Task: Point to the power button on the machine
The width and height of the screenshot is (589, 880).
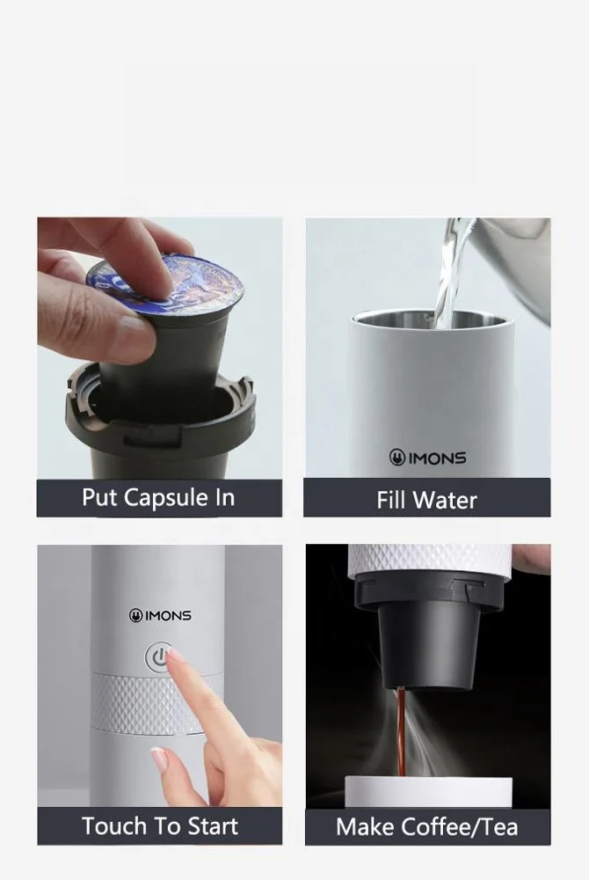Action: click(159, 657)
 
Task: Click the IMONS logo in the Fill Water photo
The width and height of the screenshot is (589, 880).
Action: click(427, 458)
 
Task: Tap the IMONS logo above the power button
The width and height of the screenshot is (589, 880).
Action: click(160, 615)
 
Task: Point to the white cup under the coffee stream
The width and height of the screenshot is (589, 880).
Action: click(427, 790)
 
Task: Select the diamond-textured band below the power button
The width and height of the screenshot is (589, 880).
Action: click(132, 704)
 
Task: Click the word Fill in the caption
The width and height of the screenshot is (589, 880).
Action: click(391, 501)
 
